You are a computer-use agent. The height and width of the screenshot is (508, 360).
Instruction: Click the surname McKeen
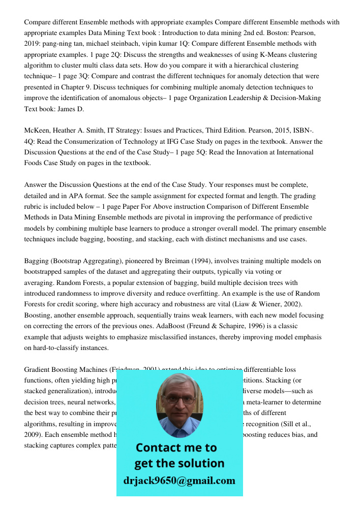pos(38,131)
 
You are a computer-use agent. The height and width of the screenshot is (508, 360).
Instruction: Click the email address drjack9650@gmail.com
pos(179,481)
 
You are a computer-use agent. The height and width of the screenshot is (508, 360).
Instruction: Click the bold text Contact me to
pos(176,448)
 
